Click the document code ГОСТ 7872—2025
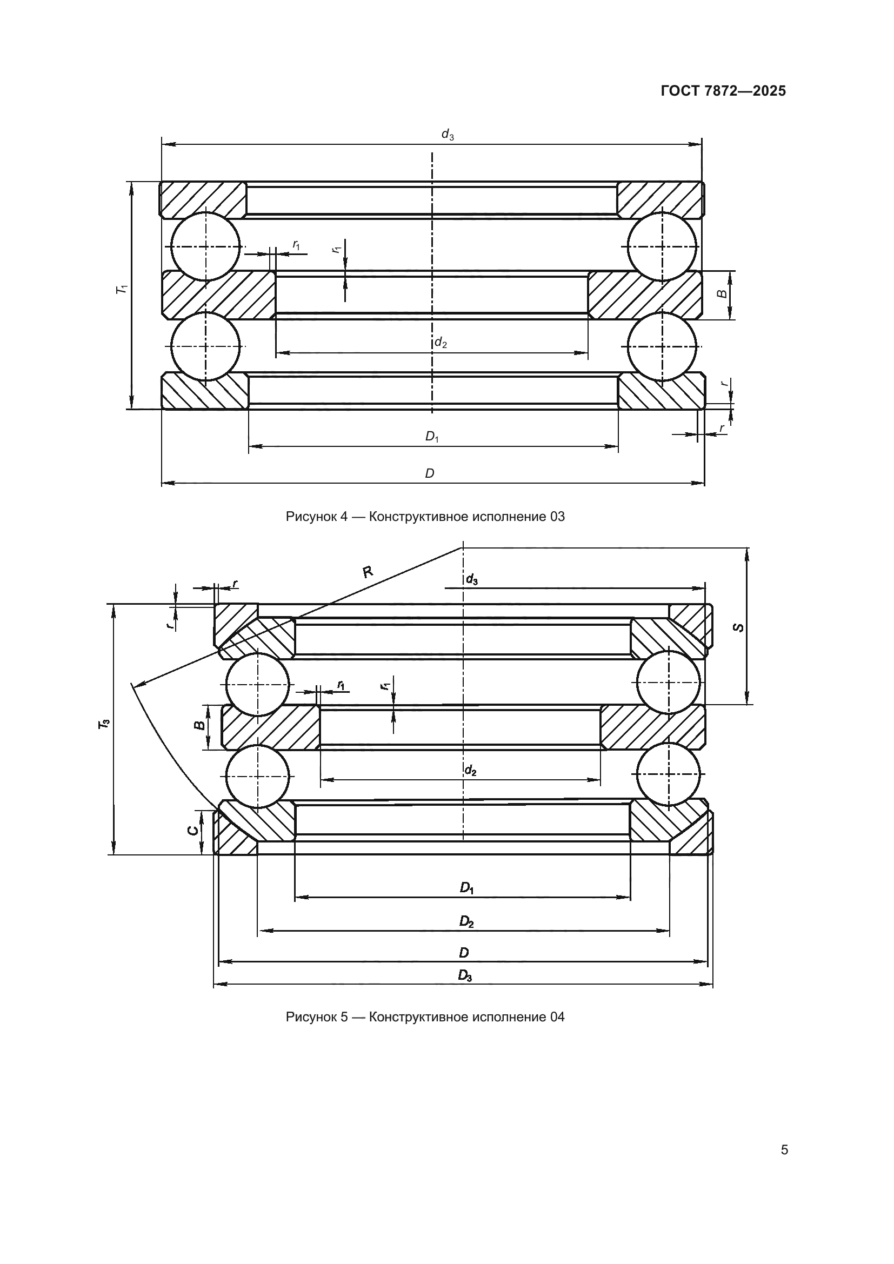[x=723, y=91]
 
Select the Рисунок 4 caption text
[x=425, y=517]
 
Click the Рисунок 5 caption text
[x=425, y=1017]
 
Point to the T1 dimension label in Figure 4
[x=122, y=289]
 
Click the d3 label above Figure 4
[x=448, y=135]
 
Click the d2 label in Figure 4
[x=441, y=343]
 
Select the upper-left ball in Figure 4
[x=205, y=246]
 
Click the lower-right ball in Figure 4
[x=662, y=346]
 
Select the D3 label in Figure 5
[x=465, y=976]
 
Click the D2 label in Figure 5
[x=466, y=921]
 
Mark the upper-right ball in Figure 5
[x=669, y=682]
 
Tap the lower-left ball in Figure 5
[x=257, y=776]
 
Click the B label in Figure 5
[x=201, y=725]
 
